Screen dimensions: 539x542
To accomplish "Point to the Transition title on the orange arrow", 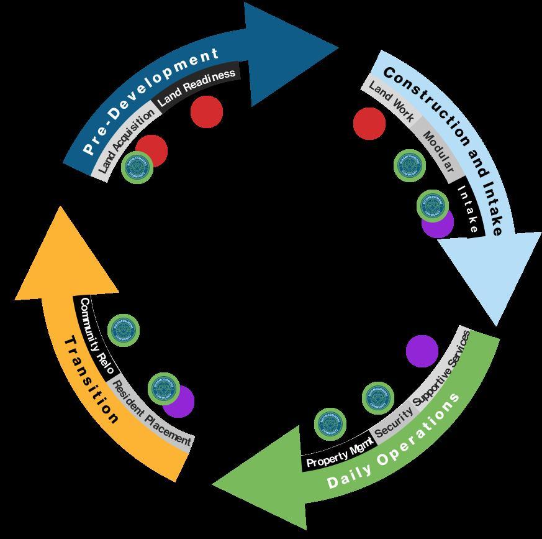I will tap(91, 380).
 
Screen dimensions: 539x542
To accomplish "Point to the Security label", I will tap(394, 423).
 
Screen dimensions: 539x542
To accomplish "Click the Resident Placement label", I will tap(151, 415).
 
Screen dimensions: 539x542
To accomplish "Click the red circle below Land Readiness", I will tap(207, 112).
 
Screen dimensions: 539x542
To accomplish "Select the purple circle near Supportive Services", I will tap(422, 351).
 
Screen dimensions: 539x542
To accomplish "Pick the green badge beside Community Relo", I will tap(124, 331).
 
